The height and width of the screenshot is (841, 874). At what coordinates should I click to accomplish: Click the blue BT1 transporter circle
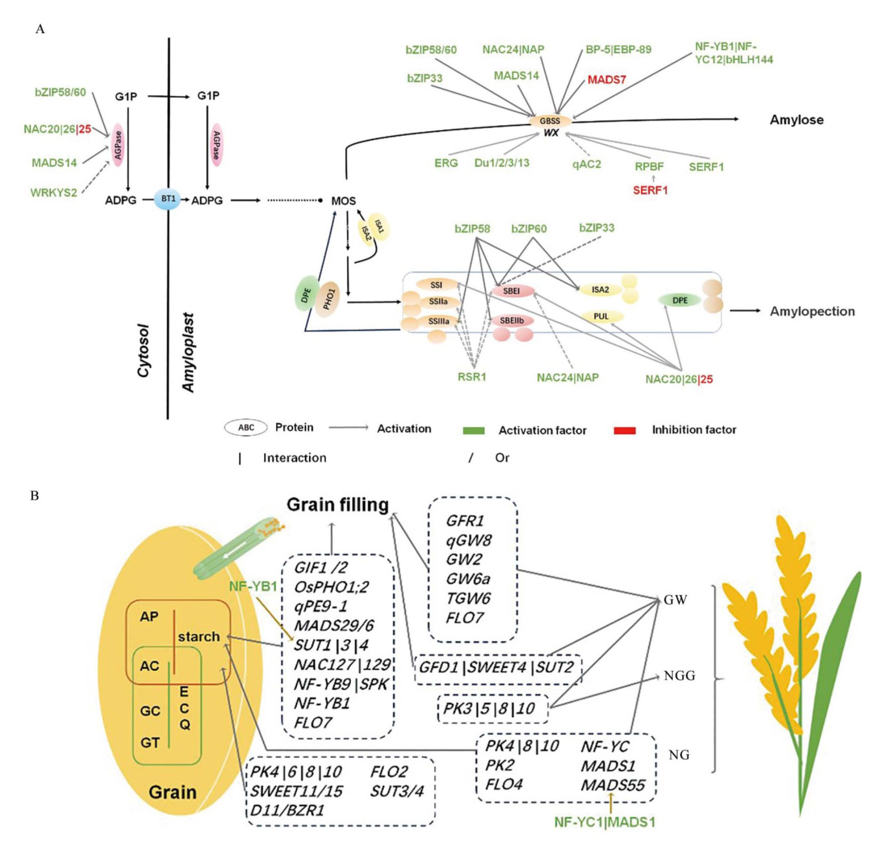click(x=168, y=199)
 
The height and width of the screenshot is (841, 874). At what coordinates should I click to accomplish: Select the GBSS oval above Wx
click(x=550, y=121)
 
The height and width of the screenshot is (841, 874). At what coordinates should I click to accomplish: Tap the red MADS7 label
click(x=606, y=80)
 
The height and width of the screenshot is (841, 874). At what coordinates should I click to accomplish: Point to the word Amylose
click(x=796, y=120)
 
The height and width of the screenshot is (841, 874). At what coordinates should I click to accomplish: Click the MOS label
click(x=343, y=201)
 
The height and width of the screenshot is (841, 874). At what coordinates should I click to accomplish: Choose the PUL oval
click(x=601, y=317)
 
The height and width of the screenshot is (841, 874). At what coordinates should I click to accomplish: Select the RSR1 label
click(x=472, y=377)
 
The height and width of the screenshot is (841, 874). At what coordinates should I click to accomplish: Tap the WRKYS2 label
click(x=53, y=193)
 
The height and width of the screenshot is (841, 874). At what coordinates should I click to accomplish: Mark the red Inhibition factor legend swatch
click(x=624, y=430)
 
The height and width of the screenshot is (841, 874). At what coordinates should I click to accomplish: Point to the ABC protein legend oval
click(x=246, y=428)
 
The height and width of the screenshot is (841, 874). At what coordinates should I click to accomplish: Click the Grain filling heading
click(x=338, y=505)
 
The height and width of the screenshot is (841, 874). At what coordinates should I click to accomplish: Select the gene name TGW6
click(x=468, y=598)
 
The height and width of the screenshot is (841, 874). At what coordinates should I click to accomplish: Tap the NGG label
click(x=679, y=676)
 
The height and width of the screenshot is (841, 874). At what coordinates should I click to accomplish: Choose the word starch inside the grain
click(x=199, y=636)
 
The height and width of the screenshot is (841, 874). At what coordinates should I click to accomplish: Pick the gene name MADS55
click(x=612, y=785)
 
